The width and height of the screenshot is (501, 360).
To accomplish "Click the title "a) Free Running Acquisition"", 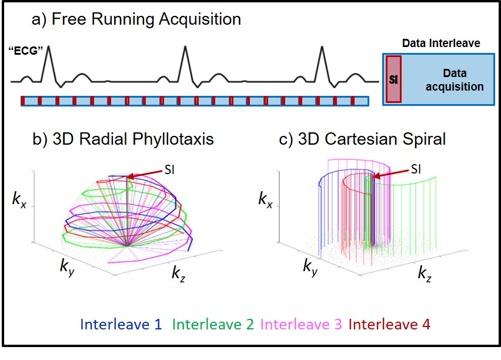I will coord(137,19).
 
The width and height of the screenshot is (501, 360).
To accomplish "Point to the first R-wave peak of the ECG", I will coord(48,47).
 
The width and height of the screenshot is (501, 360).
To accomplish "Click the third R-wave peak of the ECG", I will coord(322,48).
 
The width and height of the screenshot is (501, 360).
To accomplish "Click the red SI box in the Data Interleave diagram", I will coord(393,79).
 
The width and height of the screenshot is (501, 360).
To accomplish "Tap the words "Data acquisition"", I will coord(454,80).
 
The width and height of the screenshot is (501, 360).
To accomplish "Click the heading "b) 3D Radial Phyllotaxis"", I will coord(123,139).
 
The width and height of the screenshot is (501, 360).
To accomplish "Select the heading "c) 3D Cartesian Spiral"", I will coord(363,139).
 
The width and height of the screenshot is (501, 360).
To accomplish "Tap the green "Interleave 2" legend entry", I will coord(215,324).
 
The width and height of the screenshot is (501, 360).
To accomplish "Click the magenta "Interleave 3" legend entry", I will coord(302,324).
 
